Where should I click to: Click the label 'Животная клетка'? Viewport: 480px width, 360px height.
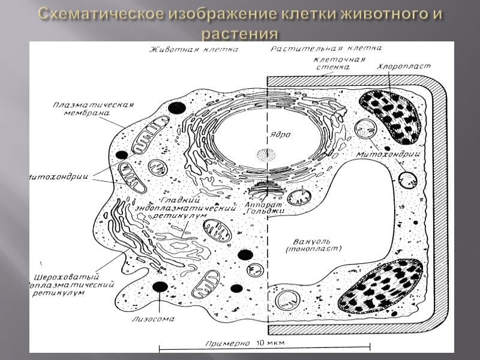point(193,49)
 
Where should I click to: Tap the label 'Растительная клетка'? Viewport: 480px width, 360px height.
point(326,48)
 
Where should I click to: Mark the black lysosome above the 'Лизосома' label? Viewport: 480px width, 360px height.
point(160,287)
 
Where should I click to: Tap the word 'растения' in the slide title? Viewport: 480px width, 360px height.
point(239,31)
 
